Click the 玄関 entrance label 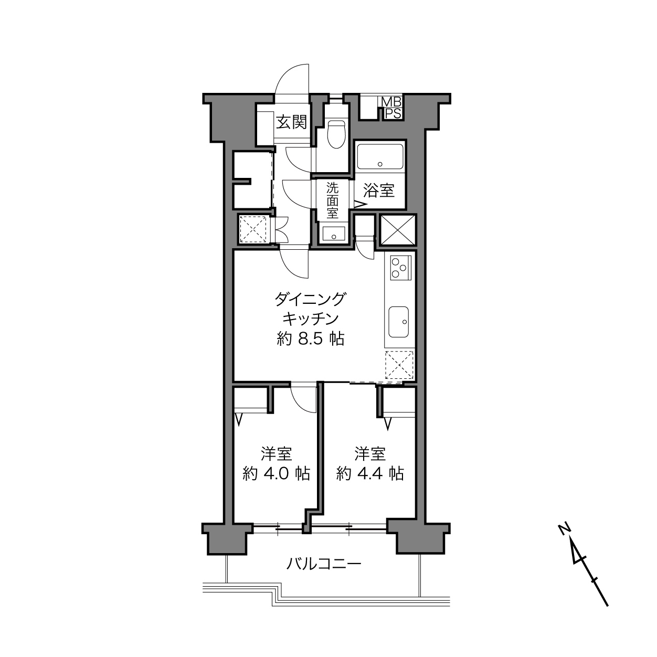click(x=292, y=122)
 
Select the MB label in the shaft click(x=392, y=102)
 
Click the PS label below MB click(x=393, y=113)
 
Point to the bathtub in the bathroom click(x=380, y=156)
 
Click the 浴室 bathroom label click(x=379, y=190)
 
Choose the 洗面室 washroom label click(x=332, y=200)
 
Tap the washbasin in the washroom click(x=333, y=234)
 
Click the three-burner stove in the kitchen click(x=400, y=268)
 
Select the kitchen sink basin click(x=399, y=322)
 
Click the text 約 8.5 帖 click(x=310, y=339)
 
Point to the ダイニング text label click(x=310, y=299)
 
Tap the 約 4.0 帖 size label click(x=276, y=473)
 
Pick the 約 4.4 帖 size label click(x=370, y=473)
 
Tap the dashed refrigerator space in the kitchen click(x=399, y=365)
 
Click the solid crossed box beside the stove click(x=398, y=230)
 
